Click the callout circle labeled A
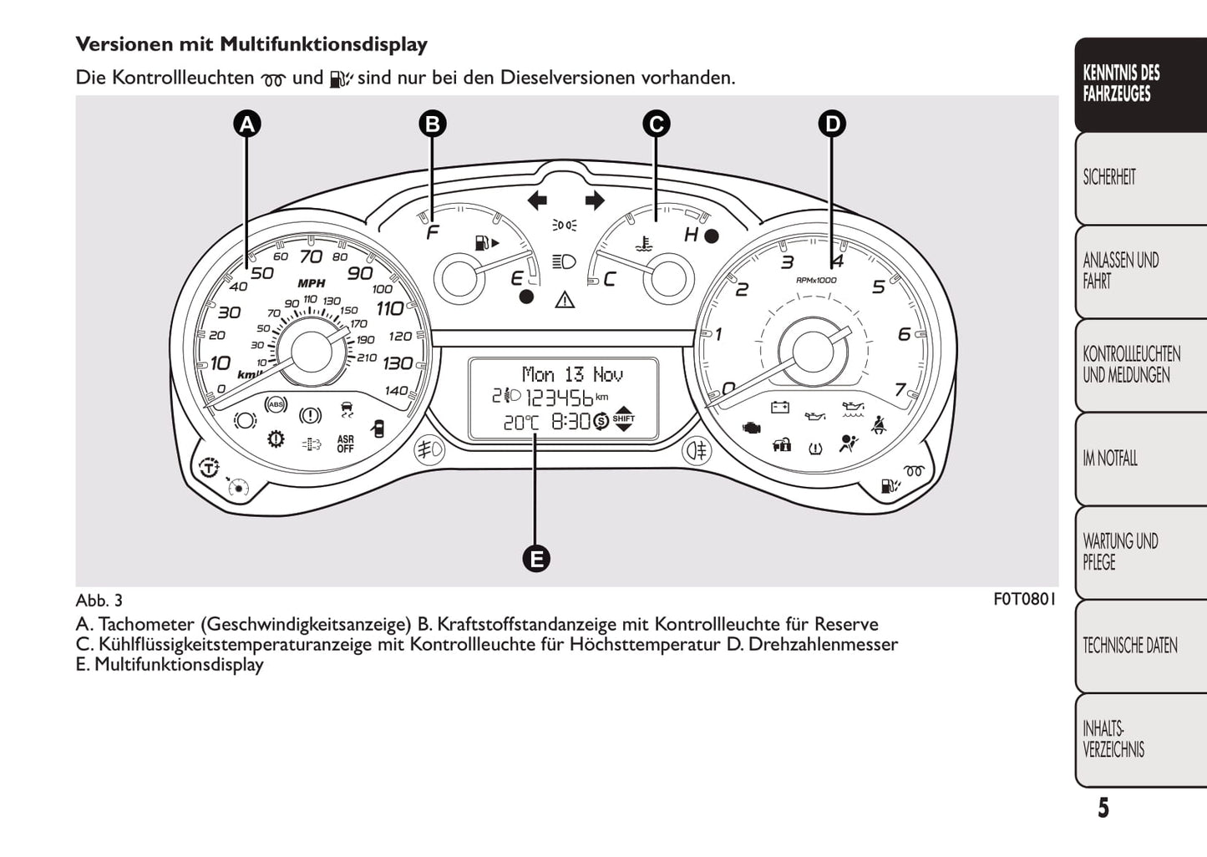pos(246,124)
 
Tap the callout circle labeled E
pos(535,559)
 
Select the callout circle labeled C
pos(656,124)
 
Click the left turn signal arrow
pos(537,200)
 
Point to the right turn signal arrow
pos(594,200)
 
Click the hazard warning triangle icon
pos(565,299)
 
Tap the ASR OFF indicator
pos(345,444)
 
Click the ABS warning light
pos(275,405)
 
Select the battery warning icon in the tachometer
pos(779,408)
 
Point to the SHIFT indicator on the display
pos(623,421)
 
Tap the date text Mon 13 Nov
pos(572,374)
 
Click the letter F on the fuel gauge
pos(432,233)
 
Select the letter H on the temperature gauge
pos(691,235)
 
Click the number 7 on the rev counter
pos(900,389)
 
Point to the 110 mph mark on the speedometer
pos(389,309)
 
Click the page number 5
pos(1103,809)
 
